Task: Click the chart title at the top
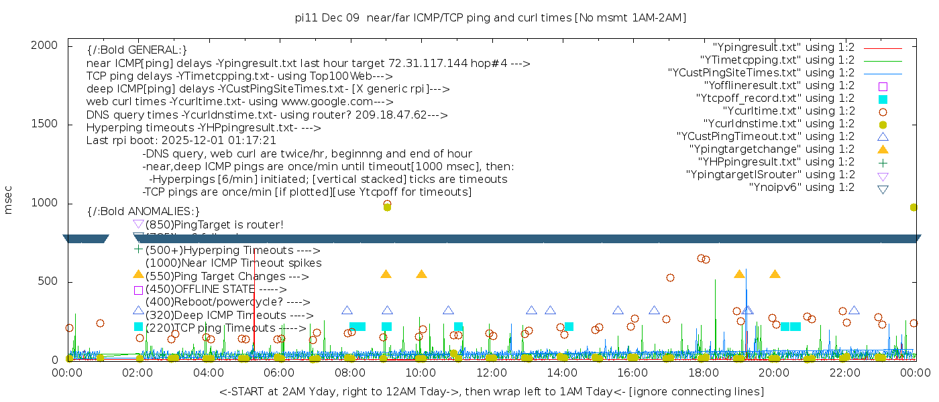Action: click(490, 17)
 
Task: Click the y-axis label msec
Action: click(9, 200)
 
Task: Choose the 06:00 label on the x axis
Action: click(279, 372)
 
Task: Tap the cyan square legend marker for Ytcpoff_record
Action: click(883, 99)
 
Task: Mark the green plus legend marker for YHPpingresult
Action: click(883, 162)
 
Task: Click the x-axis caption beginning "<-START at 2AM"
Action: click(491, 391)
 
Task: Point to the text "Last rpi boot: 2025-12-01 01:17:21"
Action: click(181, 141)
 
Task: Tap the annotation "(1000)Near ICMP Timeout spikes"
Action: click(233, 263)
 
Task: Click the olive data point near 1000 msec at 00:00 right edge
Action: click(914, 208)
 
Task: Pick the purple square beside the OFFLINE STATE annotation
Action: click(138, 290)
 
